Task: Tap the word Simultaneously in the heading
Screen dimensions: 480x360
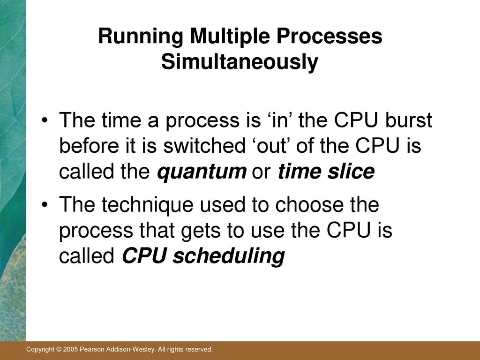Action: (x=240, y=62)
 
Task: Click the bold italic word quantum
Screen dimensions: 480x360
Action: (x=202, y=172)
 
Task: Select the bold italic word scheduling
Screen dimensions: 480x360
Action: (x=229, y=256)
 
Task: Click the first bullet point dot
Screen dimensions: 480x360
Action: (x=45, y=120)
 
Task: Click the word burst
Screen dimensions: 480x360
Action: (x=408, y=120)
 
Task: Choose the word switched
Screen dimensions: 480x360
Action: (x=204, y=145)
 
